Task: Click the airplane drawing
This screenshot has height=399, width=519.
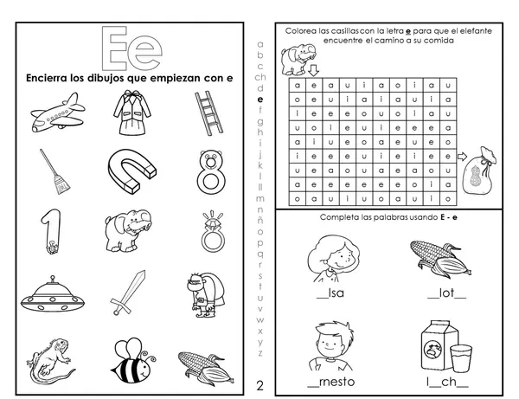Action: click(58, 113)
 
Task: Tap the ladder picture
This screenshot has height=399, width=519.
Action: click(208, 113)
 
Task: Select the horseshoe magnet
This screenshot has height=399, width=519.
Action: click(131, 171)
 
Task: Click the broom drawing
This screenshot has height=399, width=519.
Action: click(55, 171)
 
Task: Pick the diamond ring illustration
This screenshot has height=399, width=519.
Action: click(213, 232)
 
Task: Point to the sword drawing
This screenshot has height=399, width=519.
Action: click(128, 293)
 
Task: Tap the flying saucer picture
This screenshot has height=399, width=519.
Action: click(53, 295)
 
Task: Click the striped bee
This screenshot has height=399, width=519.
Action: click(133, 360)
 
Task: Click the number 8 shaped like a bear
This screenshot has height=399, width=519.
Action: click(210, 172)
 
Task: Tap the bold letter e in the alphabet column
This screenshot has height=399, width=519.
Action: click(260, 100)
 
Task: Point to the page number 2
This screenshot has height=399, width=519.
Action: click(259, 386)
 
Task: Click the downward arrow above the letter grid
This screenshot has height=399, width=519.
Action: click(313, 70)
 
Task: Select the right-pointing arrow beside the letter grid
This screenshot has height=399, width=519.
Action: click(462, 157)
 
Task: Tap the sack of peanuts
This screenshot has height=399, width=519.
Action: click(479, 171)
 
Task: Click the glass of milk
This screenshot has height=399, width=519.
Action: click(461, 358)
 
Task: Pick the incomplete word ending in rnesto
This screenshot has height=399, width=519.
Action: click(331, 382)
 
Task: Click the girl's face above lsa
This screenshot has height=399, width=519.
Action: click(333, 259)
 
